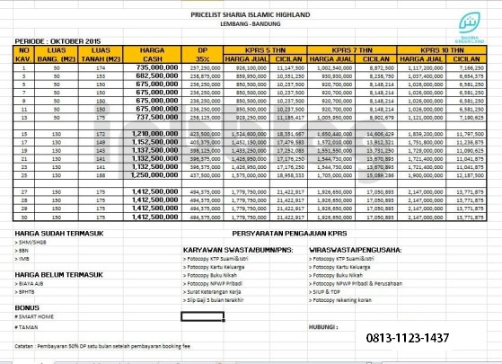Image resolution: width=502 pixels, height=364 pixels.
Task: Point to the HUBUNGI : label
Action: (325, 326)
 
